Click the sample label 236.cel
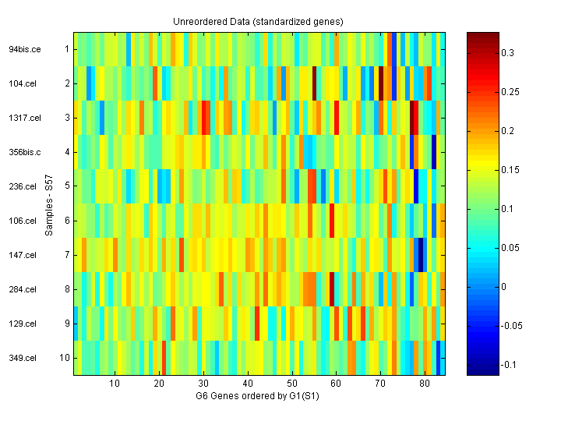23,186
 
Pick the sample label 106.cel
23,221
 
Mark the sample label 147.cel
23,255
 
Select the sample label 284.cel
23,289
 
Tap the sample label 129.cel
23,324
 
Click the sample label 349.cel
23,358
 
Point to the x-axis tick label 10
115,384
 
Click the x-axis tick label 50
291,384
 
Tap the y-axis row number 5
67,186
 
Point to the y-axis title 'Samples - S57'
48,203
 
